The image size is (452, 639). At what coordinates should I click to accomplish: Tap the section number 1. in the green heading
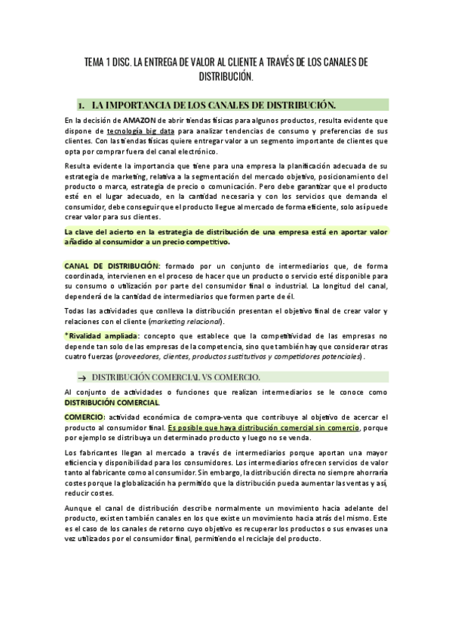pyautogui.click(x=81, y=104)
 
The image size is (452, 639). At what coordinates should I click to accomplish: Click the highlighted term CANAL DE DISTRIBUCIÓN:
pyautogui.click(x=112, y=266)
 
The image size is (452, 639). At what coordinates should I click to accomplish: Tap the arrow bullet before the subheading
pyautogui.click(x=81, y=377)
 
